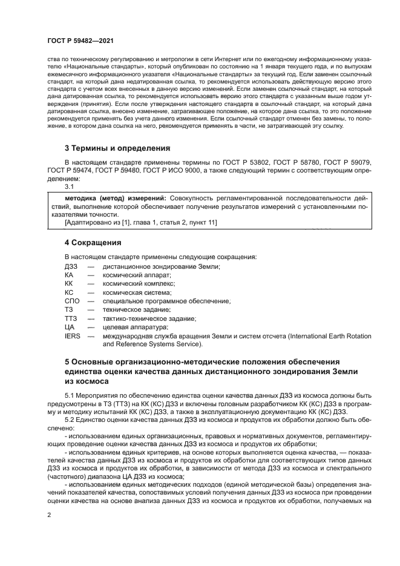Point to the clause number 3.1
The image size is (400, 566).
[69, 186]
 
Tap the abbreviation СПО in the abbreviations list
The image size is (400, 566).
[72, 301]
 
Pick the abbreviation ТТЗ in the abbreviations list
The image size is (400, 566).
[71, 318]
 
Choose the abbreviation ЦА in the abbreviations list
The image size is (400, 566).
[69, 327]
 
